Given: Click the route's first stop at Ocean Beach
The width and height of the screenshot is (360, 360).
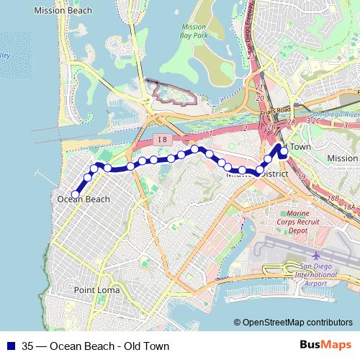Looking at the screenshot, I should pos(75,193).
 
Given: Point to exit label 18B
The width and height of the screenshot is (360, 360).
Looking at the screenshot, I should pos(332,197).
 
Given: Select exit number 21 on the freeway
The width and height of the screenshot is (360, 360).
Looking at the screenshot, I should pos(257,87).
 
